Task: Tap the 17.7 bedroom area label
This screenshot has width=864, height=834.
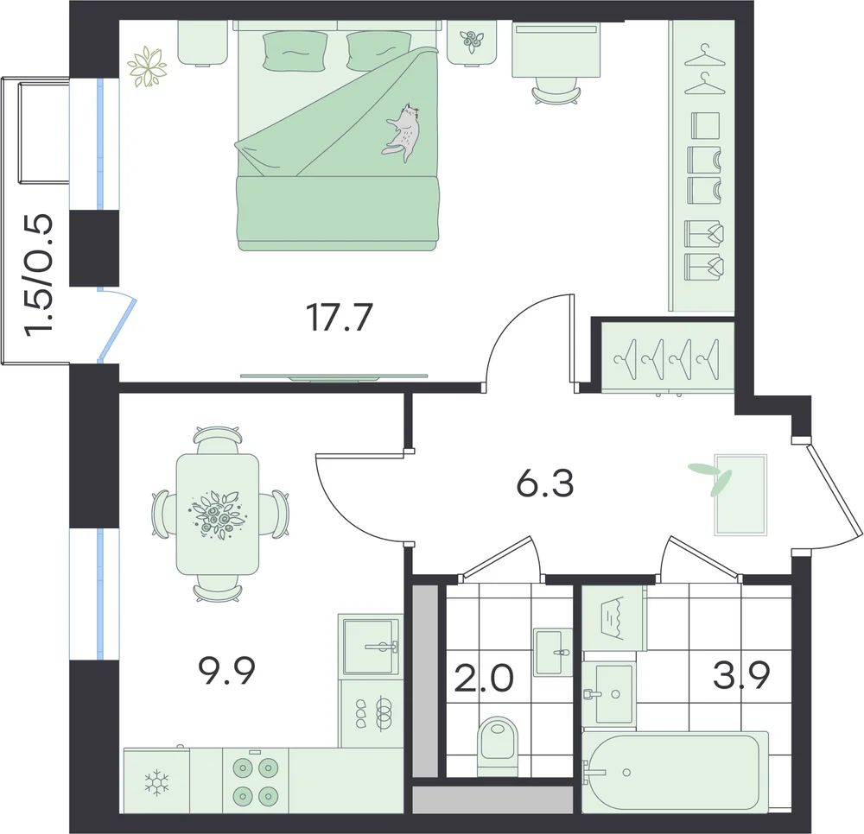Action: coord(340,318)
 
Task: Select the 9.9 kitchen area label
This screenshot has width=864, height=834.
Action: coord(226,671)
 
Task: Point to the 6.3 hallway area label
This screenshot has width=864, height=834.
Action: coord(545,483)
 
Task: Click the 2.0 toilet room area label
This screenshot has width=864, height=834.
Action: coord(484,678)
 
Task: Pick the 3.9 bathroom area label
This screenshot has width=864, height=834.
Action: coord(741,675)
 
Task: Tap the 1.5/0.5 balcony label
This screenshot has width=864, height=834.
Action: coord(40,274)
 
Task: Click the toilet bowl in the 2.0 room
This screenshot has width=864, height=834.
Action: coord(499,741)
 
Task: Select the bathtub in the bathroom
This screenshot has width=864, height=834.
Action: coord(676,772)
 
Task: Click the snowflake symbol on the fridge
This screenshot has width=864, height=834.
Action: coord(156,783)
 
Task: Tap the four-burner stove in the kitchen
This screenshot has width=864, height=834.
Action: coord(255,780)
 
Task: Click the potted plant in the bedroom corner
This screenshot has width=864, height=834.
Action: coord(147,66)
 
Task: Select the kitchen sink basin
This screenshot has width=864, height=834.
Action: coord(371,647)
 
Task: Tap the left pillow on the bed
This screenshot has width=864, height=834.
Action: coord(295,51)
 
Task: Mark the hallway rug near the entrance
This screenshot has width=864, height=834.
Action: coord(740,495)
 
